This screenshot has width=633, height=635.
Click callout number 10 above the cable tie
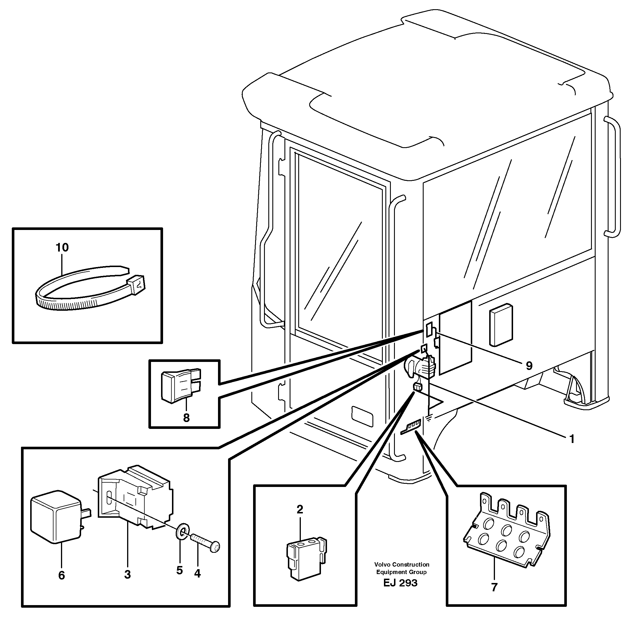tap(62, 248)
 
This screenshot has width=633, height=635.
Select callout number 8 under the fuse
tap(186, 418)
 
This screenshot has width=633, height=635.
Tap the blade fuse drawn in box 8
tap(180, 385)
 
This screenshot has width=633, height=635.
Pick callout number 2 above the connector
tap(300, 510)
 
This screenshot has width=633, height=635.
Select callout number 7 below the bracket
tap(494, 587)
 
